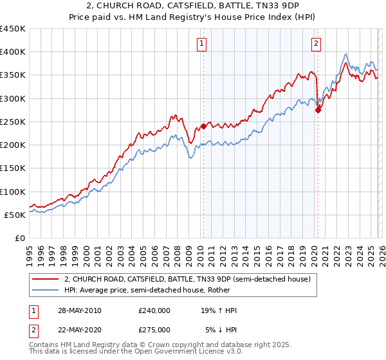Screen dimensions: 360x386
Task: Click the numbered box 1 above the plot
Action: pos(202,44)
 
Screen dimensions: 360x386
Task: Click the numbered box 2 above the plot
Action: pos(317,44)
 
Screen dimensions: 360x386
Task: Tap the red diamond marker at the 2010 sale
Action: pos(203,126)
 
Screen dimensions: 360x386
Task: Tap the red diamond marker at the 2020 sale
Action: pos(317,110)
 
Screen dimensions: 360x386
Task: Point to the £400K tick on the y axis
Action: pos(13,52)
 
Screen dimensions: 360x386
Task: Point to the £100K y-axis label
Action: pos(13,192)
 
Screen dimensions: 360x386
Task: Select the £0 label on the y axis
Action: pos(19,238)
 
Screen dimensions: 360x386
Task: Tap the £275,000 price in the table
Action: pos(154,329)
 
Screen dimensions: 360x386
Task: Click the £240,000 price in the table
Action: pos(154,310)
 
